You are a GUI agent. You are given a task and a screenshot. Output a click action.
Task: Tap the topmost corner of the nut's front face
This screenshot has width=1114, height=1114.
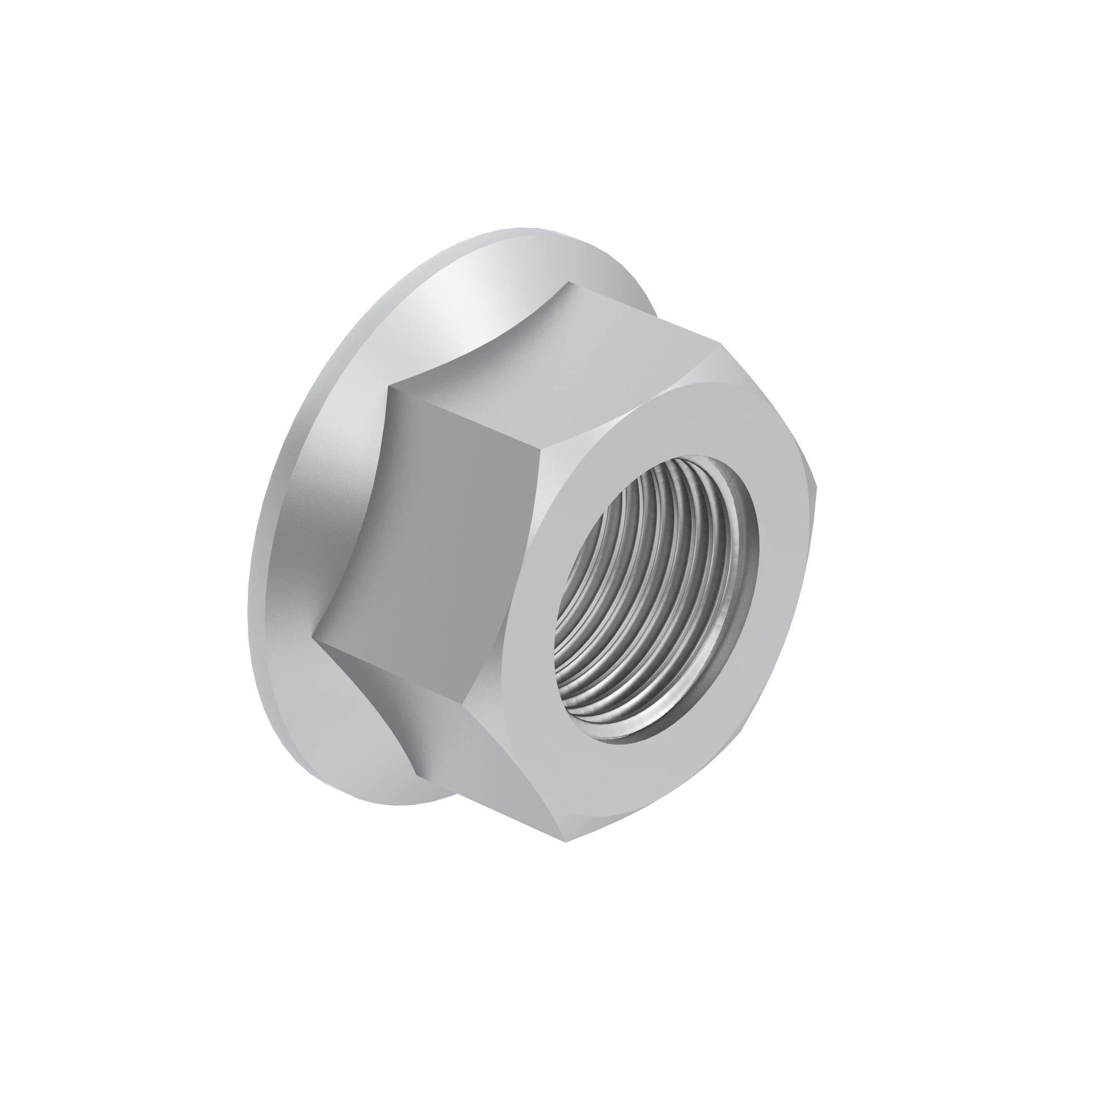722,344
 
